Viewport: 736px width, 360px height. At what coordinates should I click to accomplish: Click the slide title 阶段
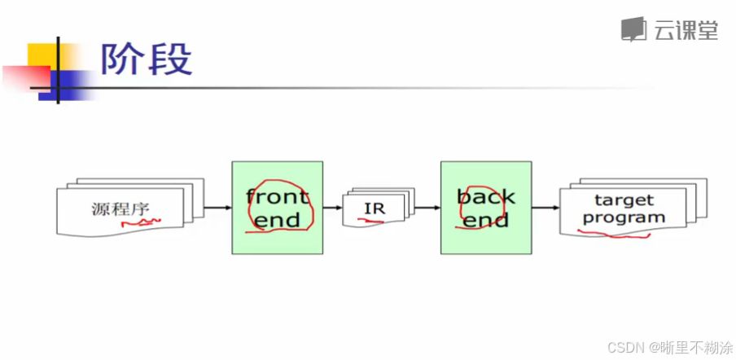click(x=147, y=59)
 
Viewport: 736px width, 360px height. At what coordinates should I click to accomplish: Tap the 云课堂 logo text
click(x=686, y=30)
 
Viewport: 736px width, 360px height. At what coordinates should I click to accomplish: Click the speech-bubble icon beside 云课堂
click(x=634, y=30)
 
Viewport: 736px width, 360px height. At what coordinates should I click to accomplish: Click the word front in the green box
click(x=277, y=196)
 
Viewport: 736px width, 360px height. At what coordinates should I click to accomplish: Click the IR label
click(x=374, y=209)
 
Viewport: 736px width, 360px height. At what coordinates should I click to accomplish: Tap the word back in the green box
click(x=485, y=196)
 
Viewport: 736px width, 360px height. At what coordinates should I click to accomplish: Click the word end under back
click(x=485, y=219)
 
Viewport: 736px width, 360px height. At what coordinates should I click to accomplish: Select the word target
click(x=624, y=200)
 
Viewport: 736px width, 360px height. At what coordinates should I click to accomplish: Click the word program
click(x=624, y=217)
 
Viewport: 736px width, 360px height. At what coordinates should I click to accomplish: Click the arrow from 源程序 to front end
click(x=217, y=208)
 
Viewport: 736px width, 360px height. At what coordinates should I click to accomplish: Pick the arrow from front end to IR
click(x=332, y=208)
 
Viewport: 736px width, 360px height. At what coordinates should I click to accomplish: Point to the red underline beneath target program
click(x=614, y=235)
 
